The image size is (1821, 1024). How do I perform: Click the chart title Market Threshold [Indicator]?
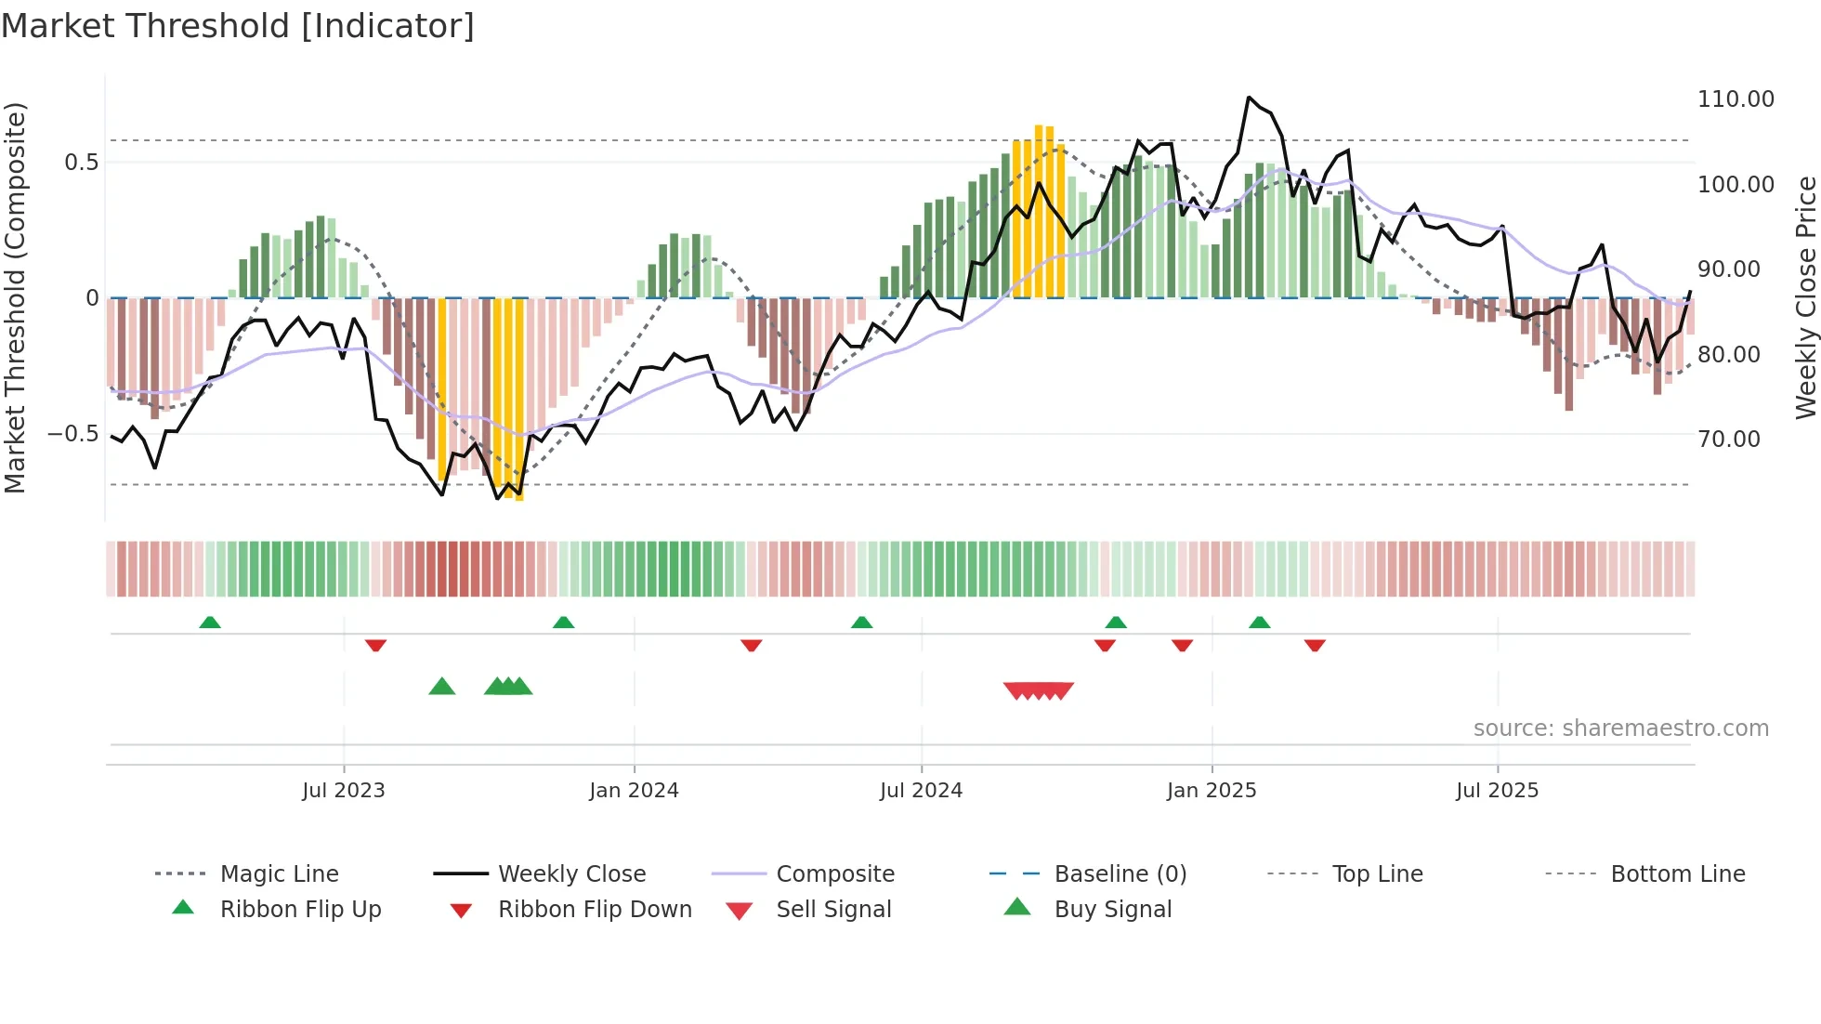238,26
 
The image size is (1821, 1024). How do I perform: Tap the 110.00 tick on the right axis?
1735,99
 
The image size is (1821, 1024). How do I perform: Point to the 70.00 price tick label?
1728,440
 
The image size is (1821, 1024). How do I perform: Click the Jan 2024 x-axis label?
634,791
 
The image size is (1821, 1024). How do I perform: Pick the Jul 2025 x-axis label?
1497,791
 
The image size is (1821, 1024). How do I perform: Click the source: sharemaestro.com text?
1620,729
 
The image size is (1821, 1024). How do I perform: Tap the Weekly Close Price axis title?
1805,297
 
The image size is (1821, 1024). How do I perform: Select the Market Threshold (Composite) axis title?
15,297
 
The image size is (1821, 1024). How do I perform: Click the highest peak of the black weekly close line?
1249,97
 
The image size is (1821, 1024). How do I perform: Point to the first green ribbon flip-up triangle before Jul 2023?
210,623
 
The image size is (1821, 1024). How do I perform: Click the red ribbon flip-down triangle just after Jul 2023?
375,645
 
